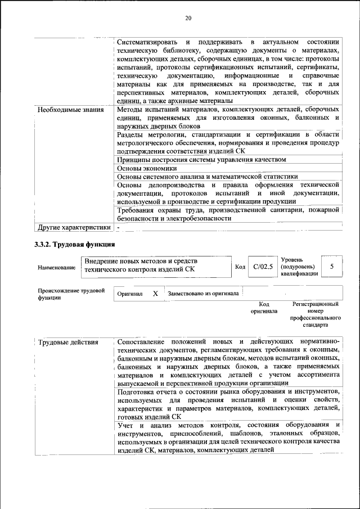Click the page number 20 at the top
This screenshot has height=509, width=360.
coord(188,19)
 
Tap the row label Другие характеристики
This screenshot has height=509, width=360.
coord(74,227)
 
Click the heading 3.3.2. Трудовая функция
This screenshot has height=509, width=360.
coord(75,245)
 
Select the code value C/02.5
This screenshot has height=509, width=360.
coord(263,267)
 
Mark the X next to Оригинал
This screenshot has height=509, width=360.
coord(155,294)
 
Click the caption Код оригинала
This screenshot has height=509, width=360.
coord(264,307)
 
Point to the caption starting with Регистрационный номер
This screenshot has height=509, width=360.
coord(315,314)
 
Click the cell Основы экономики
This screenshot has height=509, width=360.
coord(147,168)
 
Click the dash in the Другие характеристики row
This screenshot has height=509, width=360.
coord(119,227)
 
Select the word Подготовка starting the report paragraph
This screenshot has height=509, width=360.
coord(138,391)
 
